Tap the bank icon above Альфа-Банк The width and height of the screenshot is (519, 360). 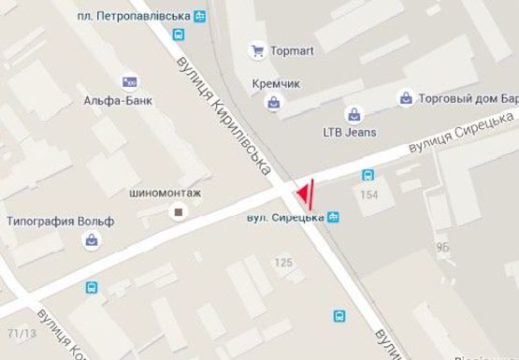pyautogui.click(x=128, y=82)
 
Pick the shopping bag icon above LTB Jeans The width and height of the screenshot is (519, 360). pyautogui.click(x=353, y=115)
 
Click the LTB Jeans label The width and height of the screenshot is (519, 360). pyautogui.click(x=349, y=132)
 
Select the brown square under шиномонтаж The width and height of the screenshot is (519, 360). pyautogui.click(x=177, y=213)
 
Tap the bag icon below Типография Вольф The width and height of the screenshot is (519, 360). pyautogui.click(x=92, y=240)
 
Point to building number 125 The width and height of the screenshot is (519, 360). pyautogui.click(x=284, y=264)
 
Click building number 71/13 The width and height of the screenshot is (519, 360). pyautogui.click(x=16, y=333)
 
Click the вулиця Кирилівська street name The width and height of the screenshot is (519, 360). pyautogui.click(x=226, y=114)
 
